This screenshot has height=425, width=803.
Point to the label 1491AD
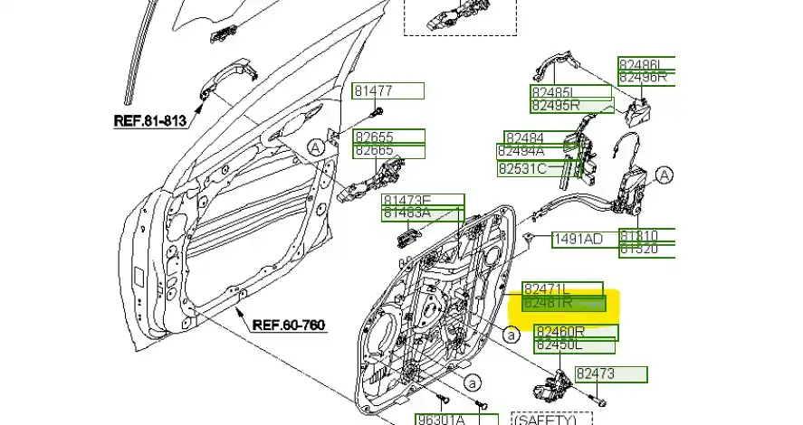point(578,239)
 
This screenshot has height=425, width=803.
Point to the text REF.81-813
point(150,120)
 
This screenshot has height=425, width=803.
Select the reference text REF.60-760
point(289,325)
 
